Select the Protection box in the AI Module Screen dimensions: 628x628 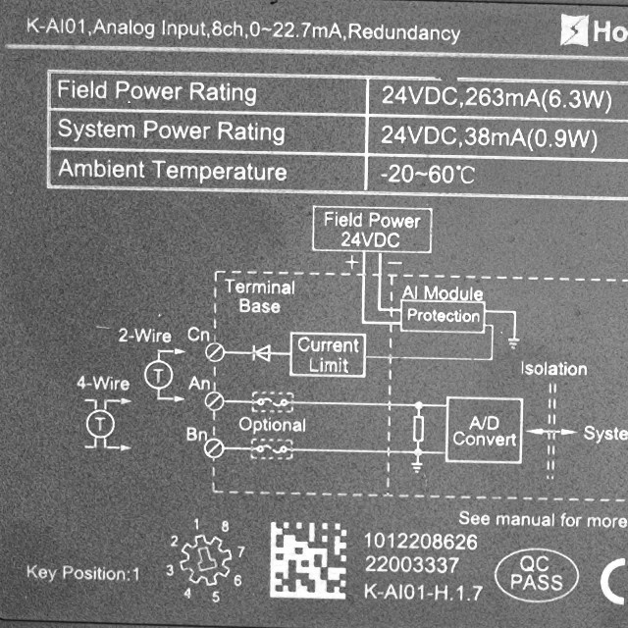coord(444,315)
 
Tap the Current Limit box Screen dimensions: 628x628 coord(328,355)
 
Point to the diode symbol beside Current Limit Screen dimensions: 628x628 coord(261,351)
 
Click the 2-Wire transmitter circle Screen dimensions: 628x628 coord(156,374)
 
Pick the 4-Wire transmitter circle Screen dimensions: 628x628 coord(97,423)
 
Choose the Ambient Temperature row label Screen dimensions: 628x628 coord(172,171)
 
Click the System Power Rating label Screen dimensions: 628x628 coord(171,131)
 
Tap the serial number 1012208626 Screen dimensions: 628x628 coord(420,542)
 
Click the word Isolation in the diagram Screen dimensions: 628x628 coord(553,369)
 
